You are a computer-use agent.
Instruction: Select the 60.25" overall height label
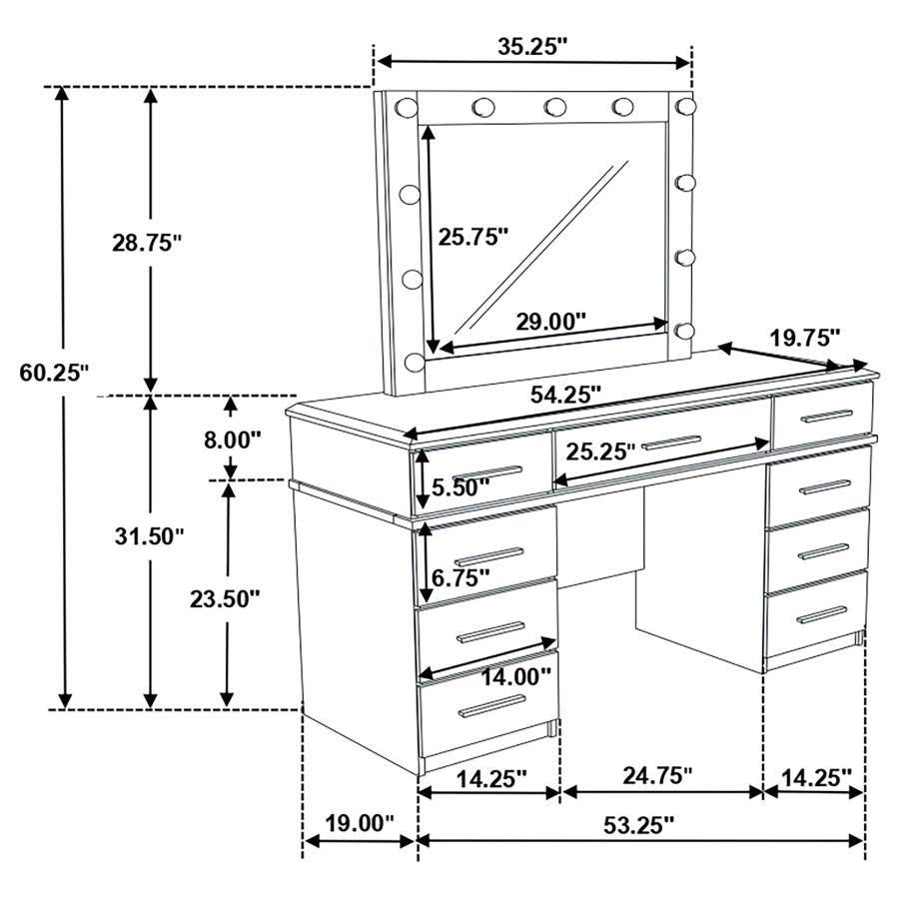pyautogui.click(x=55, y=373)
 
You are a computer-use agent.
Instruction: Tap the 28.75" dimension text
pyautogui.click(x=147, y=242)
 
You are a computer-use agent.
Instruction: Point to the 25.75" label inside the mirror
pyautogui.click(x=473, y=236)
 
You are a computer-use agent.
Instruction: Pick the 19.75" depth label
pyautogui.click(x=805, y=337)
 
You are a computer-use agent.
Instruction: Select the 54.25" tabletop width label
pyautogui.click(x=565, y=395)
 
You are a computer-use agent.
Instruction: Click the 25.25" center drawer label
pyautogui.click(x=600, y=450)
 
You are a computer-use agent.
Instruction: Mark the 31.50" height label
pyautogui.click(x=148, y=536)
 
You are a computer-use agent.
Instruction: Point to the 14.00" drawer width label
pyautogui.click(x=517, y=676)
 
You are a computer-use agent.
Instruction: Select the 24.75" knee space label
pyautogui.click(x=656, y=775)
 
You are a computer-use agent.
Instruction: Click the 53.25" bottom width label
pyautogui.click(x=640, y=824)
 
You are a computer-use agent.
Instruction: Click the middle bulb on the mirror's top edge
pyautogui.click(x=555, y=106)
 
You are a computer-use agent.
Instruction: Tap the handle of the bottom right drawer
pyautogui.click(x=821, y=614)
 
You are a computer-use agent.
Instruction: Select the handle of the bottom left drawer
pyautogui.click(x=490, y=708)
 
